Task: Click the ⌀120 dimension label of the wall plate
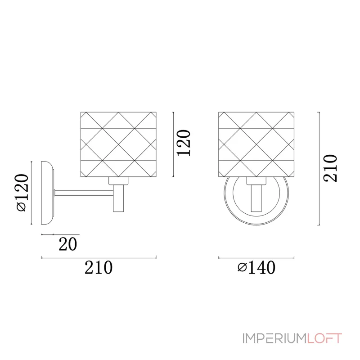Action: [22, 193]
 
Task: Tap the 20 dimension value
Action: [68, 244]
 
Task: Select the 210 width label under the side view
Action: [99, 267]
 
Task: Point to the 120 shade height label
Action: [184, 143]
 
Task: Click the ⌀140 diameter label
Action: [256, 267]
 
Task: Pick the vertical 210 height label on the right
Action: [330, 168]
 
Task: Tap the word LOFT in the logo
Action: [324, 338]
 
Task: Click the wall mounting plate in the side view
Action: [48, 193]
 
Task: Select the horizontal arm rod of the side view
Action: [84, 193]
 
